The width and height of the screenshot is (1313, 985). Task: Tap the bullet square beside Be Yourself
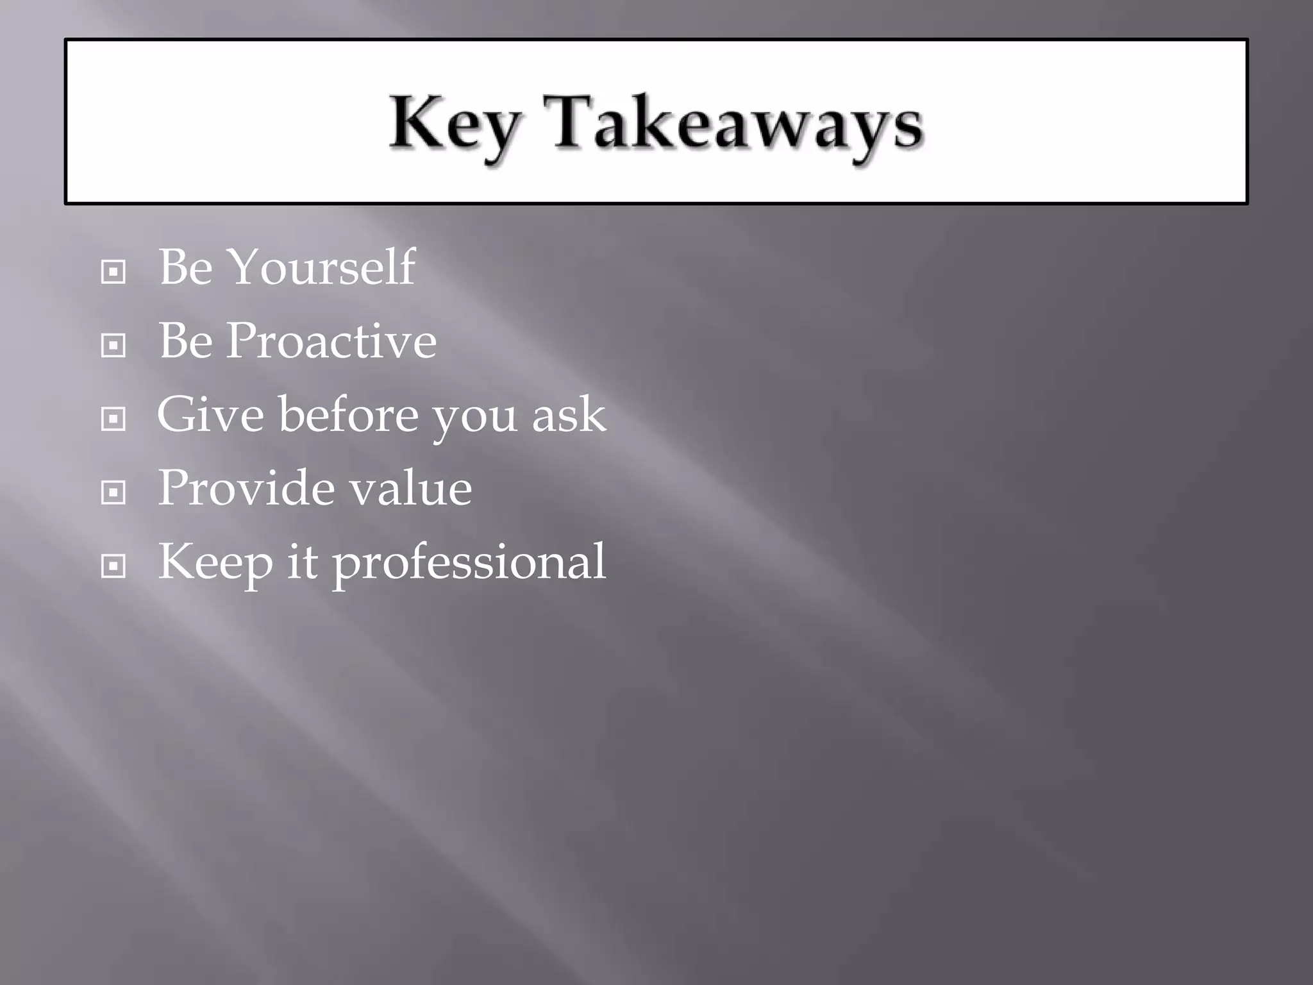(113, 273)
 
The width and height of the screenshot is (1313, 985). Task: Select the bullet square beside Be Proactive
(113, 346)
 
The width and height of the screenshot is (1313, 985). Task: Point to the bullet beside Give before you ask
(113, 420)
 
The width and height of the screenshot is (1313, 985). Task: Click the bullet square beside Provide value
(113, 493)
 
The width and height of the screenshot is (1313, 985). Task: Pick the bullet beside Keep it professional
(113, 566)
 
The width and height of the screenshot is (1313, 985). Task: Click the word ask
(569, 416)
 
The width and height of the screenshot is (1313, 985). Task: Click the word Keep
(215, 562)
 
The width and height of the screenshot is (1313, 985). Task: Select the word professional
(469, 564)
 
